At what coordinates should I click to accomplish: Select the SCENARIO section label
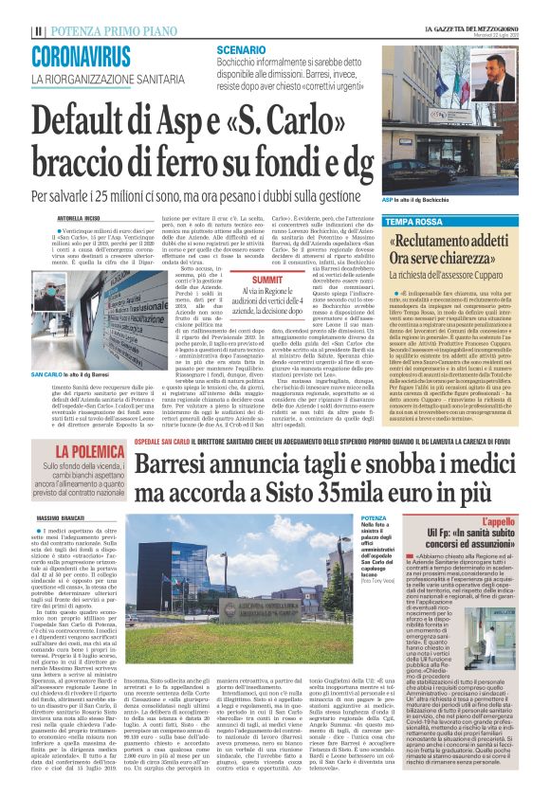(x=240, y=47)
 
